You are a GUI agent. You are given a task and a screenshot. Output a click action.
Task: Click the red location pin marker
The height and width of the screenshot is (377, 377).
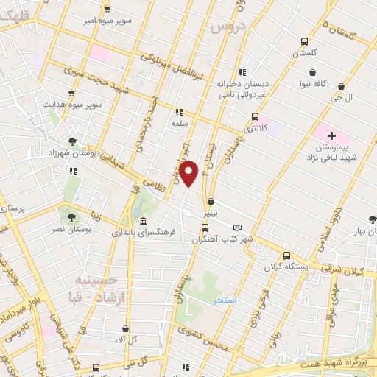(x=189, y=173)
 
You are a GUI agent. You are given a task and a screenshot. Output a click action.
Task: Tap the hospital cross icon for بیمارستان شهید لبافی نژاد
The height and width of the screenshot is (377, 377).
(x=332, y=135)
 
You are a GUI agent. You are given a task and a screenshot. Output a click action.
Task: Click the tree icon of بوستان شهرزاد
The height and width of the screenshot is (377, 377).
(x=72, y=140)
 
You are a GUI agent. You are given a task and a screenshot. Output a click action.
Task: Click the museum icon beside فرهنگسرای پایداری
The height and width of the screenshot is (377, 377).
(x=142, y=222)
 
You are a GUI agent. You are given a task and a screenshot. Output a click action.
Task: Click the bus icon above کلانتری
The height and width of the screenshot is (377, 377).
(x=256, y=116)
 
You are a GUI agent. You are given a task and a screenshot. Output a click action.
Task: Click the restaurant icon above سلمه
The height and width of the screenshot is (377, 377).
(x=177, y=113)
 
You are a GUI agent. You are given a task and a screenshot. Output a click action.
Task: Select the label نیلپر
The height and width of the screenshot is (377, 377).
(x=211, y=212)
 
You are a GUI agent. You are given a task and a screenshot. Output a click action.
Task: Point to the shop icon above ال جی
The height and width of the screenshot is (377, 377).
(x=340, y=85)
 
